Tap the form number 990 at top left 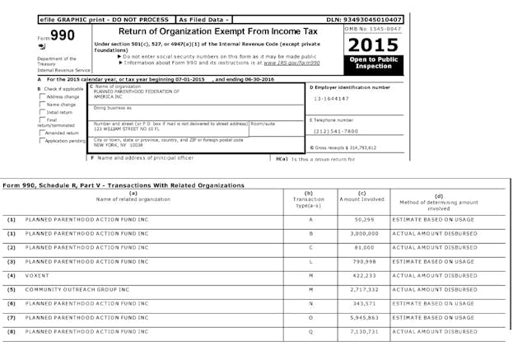[62, 35]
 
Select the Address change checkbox [42, 96]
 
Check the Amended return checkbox [42, 132]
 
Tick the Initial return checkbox [42, 112]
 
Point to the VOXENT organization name [37, 275]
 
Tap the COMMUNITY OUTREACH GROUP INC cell [72, 289]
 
